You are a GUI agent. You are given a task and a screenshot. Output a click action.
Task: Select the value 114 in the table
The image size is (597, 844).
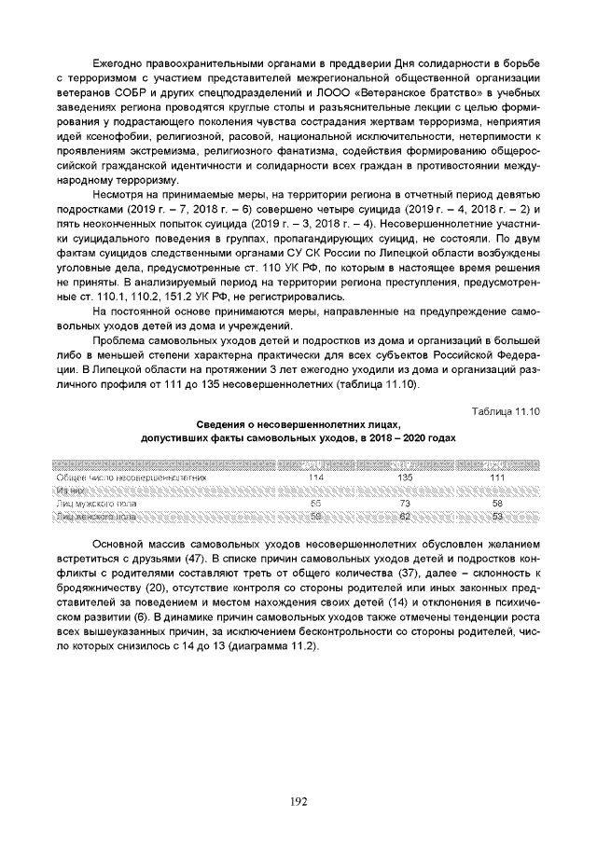(315, 477)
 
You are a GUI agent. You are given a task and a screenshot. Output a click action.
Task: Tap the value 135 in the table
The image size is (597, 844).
(405, 477)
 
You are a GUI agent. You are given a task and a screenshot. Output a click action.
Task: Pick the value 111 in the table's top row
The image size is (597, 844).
(496, 477)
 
